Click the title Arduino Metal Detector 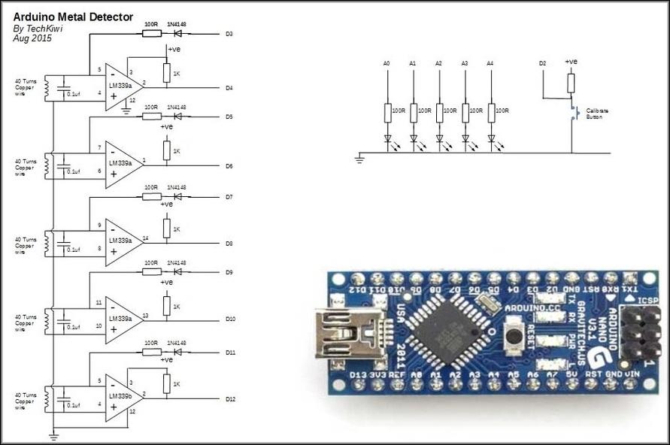[73, 17]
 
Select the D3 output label [229, 35]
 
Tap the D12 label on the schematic [231, 398]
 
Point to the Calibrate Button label [597, 114]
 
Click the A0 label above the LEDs [387, 65]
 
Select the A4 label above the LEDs [491, 65]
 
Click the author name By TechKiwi [38, 29]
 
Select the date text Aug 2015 [32, 38]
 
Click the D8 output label [229, 244]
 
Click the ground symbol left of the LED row [360, 159]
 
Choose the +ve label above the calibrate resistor [571, 62]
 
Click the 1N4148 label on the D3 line [177, 25]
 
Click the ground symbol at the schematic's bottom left [53, 435]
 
